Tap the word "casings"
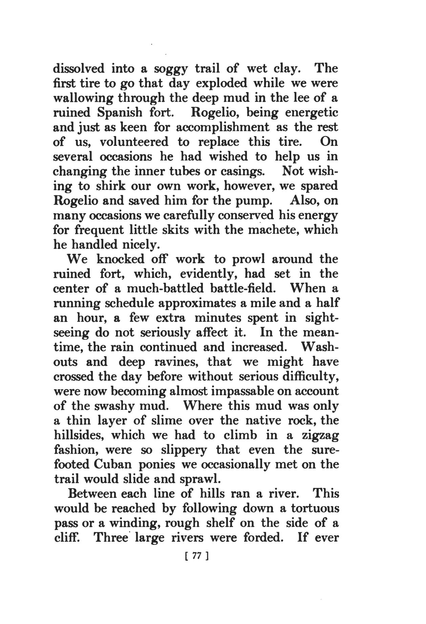(x=242, y=172)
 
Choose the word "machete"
(x=275, y=230)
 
